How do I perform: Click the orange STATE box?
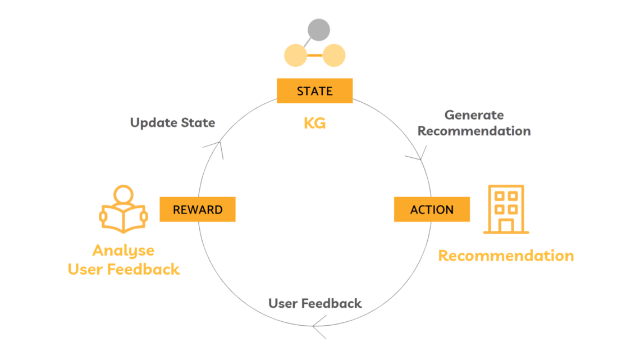point(314,90)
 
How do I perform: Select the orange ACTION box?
point(432,209)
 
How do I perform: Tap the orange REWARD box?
point(198,209)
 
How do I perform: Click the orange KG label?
point(314,123)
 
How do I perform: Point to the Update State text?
point(172,122)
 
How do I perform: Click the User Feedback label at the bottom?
point(315,304)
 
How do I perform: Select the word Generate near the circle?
point(474,115)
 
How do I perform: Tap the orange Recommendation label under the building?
point(506,256)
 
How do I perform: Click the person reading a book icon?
point(124,210)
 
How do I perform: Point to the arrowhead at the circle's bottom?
point(318,327)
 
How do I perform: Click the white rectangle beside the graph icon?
point(364,66)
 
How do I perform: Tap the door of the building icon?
point(505,225)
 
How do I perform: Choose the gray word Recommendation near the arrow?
point(474,131)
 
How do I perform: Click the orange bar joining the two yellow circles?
point(314,56)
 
